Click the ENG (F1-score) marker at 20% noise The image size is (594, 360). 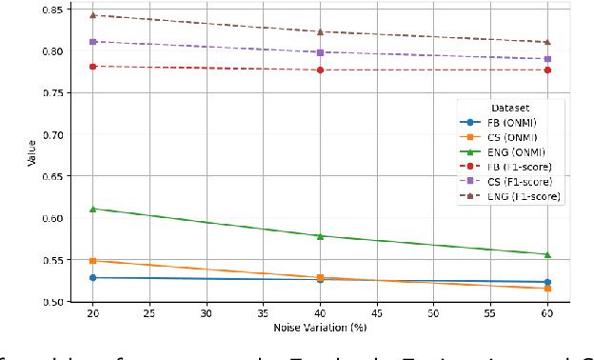(92, 15)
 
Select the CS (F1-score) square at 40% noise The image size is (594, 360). (320, 52)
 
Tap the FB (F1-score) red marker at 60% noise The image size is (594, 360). (547, 70)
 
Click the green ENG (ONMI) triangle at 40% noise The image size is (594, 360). (320, 235)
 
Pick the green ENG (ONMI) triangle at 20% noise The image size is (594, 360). (92, 209)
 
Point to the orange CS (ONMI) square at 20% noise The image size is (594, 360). (92, 260)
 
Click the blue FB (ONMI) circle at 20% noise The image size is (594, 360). (92, 277)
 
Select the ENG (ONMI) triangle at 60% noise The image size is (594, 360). (547, 254)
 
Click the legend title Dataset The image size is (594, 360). (509, 108)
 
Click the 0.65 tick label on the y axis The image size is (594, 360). (53, 176)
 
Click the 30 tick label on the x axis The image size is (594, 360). (207, 312)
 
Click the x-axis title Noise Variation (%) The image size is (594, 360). (320, 327)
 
